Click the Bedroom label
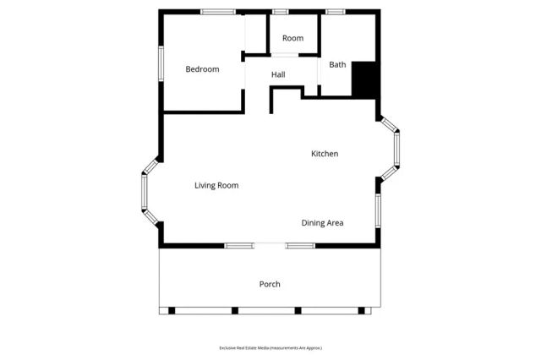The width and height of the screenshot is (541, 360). (202, 69)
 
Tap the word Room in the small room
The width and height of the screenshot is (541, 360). (292, 38)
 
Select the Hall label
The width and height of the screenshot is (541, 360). (278, 75)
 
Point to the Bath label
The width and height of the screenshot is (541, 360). (337, 64)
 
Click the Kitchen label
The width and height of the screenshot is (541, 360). (325, 154)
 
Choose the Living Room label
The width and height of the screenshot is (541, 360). (216, 185)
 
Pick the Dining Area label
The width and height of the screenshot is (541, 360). (322, 223)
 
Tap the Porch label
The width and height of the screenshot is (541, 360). (270, 284)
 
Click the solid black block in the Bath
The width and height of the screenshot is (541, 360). (363, 79)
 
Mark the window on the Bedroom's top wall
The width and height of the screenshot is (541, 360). (218, 12)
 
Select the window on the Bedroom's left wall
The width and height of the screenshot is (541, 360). (161, 63)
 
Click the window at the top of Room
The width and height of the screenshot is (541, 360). (280, 12)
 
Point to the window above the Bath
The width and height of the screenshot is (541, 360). (336, 12)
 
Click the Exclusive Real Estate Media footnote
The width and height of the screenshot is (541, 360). (270, 348)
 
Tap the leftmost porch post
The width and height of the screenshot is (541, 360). (171, 310)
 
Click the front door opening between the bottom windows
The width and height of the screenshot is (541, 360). (270, 246)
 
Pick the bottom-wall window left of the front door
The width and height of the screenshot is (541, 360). (238, 246)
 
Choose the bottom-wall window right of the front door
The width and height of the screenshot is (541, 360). (300, 246)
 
